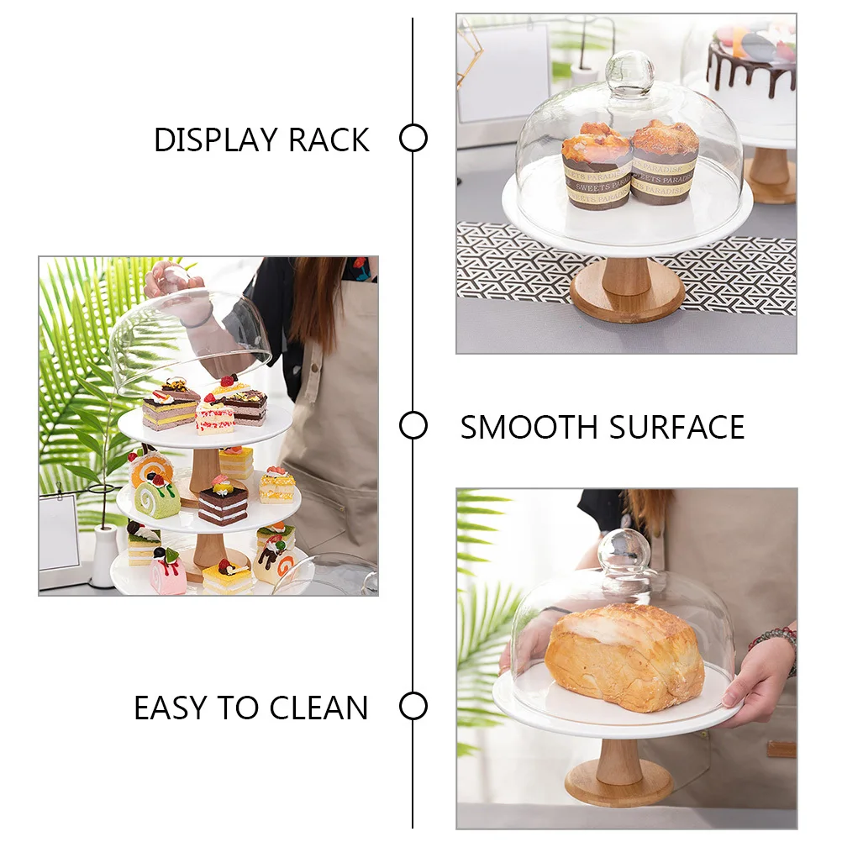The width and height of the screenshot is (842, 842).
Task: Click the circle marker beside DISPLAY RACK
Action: point(413,138)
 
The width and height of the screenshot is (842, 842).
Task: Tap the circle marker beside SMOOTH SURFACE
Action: point(413,426)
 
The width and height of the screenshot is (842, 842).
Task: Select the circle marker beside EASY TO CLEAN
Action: point(413,706)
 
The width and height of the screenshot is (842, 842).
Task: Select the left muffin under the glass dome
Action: point(597,166)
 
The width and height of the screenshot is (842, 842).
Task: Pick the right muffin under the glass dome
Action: point(664,161)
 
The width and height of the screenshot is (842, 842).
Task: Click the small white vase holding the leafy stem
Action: point(104,555)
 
